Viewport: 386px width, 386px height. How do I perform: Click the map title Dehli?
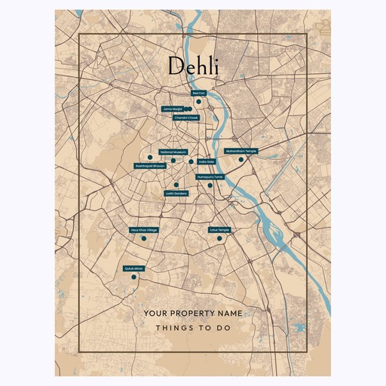coord(193,66)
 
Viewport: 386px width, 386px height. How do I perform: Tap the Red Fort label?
coord(198,93)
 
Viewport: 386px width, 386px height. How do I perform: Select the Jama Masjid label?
coord(172,109)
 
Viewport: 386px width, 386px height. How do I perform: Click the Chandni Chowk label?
coord(185,118)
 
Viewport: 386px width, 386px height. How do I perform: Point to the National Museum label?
coord(173,152)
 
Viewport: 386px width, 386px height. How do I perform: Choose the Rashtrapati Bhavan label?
coord(150,165)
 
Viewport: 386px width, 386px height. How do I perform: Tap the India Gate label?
coord(206,161)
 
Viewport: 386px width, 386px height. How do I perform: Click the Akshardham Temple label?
coord(241,151)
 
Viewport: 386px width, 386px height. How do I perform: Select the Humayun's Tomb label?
coord(210,176)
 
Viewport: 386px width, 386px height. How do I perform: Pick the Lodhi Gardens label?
coord(176,193)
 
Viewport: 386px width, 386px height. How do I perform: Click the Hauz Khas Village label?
coord(144,229)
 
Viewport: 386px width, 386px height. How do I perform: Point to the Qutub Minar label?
coord(133,268)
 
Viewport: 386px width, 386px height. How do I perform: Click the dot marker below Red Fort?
coord(195,102)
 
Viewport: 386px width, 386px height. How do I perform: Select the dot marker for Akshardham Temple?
coord(240,159)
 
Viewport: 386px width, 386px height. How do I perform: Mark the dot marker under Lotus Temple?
coord(219,238)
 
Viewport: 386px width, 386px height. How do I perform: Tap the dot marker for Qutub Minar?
coord(133,277)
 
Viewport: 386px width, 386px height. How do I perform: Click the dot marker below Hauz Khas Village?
coord(139,238)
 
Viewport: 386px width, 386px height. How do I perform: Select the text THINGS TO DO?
coord(193,329)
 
